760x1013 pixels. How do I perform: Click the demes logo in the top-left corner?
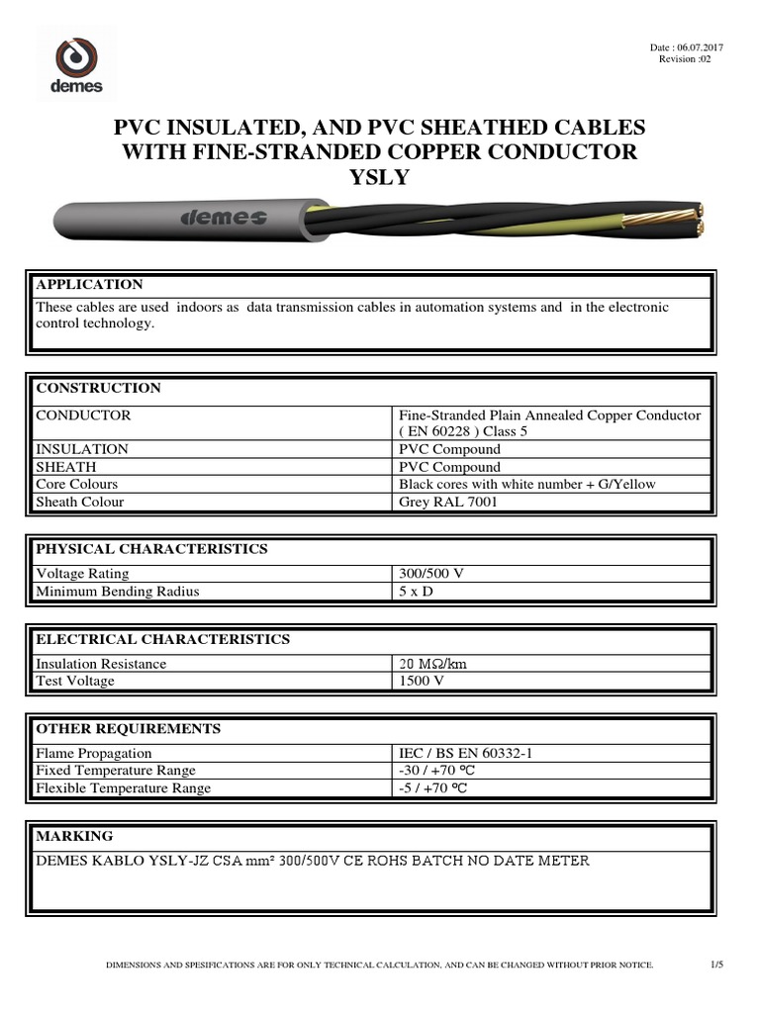(x=76, y=64)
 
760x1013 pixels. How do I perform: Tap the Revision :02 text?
(x=685, y=59)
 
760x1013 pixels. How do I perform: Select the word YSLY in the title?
(x=380, y=177)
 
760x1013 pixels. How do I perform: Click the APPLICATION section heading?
(x=89, y=285)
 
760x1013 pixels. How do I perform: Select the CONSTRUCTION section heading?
(x=98, y=388)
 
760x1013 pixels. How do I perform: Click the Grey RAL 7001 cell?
(x=447, y=503)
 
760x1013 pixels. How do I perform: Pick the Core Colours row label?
(x=76, y=485)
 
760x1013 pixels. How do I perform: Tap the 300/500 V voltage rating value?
(x=432, y=574)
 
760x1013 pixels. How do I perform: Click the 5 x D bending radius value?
(x=417, y=592)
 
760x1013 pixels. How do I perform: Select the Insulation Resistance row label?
(x=101, y=664)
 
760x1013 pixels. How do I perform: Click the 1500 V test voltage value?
(x=423, y=682)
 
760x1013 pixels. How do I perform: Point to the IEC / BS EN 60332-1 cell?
(x=465, y=754)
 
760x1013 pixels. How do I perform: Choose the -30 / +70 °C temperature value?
(x=438, y=771)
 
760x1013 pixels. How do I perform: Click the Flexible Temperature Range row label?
(x=123, y=788)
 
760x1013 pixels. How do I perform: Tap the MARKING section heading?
(x=74, y=836)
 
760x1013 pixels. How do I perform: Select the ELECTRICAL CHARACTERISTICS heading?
(x=162, y=639)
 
